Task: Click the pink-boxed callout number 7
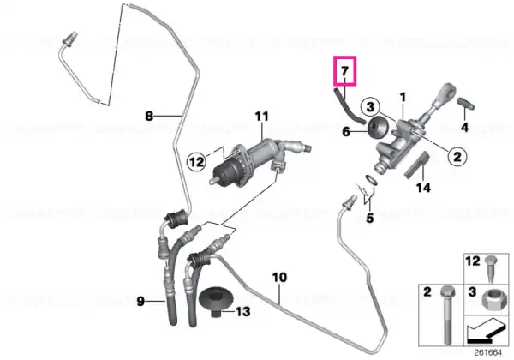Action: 344,71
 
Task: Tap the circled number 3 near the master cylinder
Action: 370,107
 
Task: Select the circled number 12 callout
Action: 197,161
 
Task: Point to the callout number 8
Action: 149,116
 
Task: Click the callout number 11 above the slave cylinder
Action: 262,116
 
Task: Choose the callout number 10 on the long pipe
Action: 279,278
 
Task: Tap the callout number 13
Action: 243,311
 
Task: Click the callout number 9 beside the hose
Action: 140,301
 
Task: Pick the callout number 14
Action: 423,188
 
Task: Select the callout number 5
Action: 370,218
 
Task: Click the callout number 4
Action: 465,127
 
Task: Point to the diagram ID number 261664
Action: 488,353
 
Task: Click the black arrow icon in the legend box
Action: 486,333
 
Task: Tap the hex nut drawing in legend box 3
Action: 490,299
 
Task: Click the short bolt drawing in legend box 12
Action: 491,269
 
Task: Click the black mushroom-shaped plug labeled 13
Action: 217,302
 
